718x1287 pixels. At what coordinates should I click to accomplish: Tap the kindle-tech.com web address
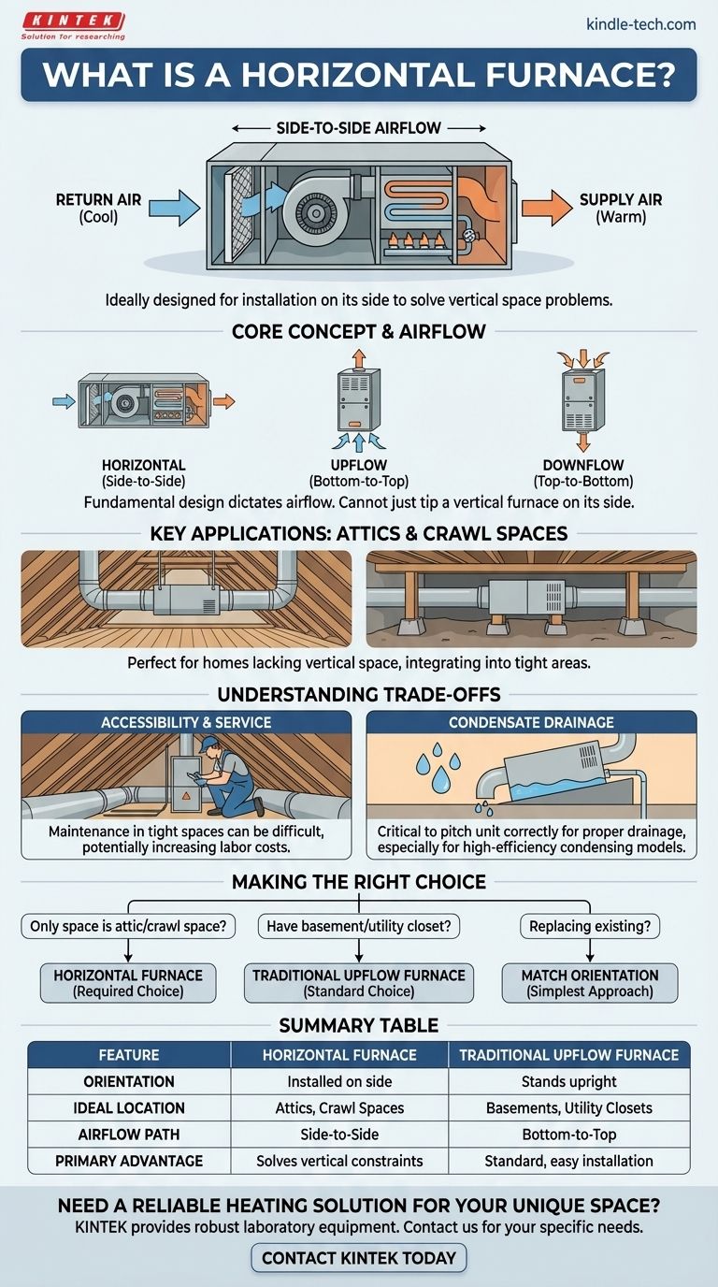[x=640, y=23]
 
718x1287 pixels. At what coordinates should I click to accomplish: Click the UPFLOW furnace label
[x=358, y=465]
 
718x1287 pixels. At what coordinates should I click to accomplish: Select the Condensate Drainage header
[x=531, y=723]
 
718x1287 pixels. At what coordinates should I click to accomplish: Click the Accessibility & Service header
[x=186, y=723]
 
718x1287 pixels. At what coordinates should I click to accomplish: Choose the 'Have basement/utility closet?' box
[x=359, y=927]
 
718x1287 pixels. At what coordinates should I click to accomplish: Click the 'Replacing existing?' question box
[x=590, y=927]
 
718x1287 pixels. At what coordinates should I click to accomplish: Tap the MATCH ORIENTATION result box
[x=590, y=982]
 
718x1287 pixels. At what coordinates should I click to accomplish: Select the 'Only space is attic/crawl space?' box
[x=128, y=927]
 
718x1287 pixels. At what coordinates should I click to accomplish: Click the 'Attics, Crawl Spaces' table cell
[x=339, y=1108]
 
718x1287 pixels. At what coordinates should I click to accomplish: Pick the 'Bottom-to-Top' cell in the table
[x=568, y=1135]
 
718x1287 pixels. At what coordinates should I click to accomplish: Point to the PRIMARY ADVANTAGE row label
[x=129, y=1161]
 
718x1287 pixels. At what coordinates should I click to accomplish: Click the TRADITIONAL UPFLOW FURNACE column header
[x=568, y=1055]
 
